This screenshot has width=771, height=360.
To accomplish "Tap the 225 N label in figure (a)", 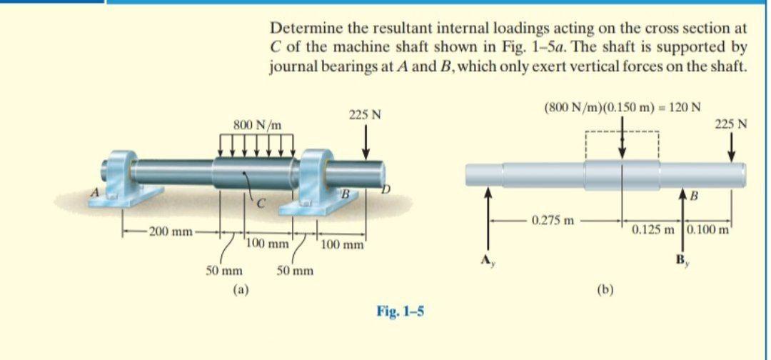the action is click(x=365, y=114).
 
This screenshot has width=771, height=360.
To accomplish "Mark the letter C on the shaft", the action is click(x=261, y=205).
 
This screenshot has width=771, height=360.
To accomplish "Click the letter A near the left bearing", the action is click(x=91, y=192).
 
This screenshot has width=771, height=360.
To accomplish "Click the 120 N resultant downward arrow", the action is click(x=623, y=140).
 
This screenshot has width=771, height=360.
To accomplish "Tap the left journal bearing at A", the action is click(x=126, y=179).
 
